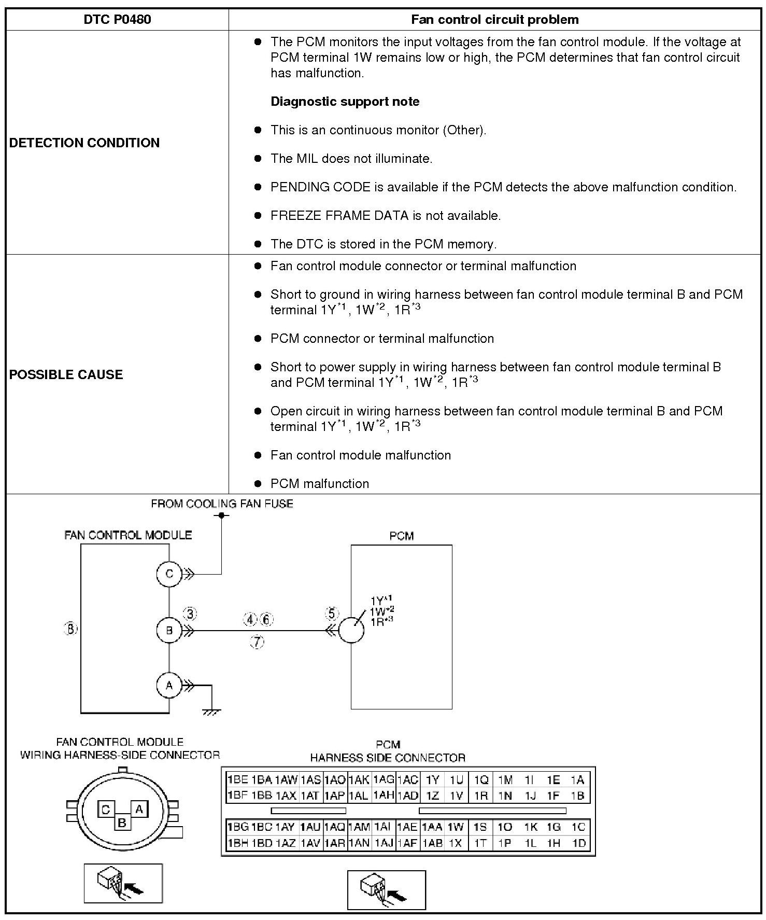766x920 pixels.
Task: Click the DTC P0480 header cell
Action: [x=117, y=20]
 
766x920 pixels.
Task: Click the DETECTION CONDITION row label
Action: [x=84, y=143]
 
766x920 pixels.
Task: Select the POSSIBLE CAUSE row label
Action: [x=66, y=374]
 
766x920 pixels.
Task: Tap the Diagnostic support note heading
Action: [x=345, y=102]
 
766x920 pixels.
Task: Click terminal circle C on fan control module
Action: [x=169, y=574]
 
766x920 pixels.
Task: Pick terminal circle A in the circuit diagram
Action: [x=169, y=686]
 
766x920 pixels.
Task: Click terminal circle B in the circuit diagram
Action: [x=169, y=631]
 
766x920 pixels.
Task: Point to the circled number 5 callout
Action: [x=332, y=614]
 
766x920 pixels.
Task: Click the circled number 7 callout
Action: [x=257, y=642]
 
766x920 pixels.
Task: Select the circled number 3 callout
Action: [x=190, y=614]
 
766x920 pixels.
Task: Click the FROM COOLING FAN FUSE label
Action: [x=222, y=504]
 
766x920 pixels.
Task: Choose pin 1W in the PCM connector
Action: [x=456, y=827]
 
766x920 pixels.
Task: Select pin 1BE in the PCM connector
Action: [x=237, y=779]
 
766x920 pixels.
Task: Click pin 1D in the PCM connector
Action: [x=579, y=843]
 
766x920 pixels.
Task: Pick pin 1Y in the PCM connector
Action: [x=433, y=779]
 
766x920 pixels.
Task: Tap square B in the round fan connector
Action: [x=122, y=822]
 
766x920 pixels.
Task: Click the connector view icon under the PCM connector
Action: [x=386, y=890]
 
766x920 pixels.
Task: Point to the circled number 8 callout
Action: [x=70, y=629]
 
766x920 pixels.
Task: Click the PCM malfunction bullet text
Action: [x=320, y=484]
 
